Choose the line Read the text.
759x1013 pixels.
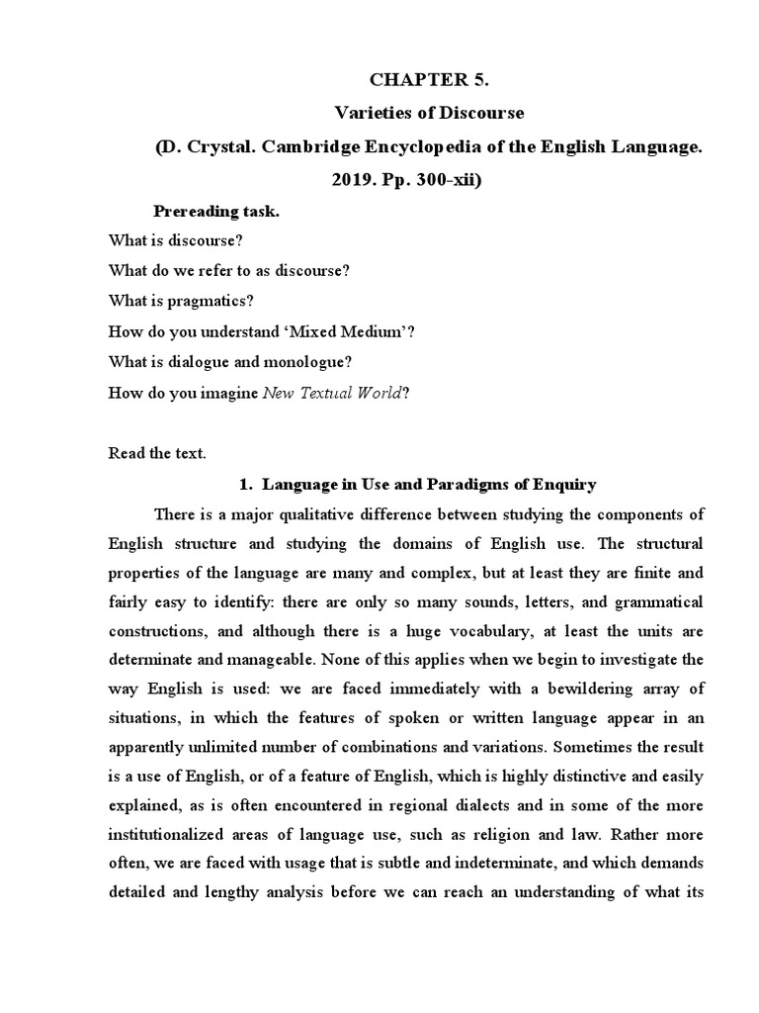[156, 453]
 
